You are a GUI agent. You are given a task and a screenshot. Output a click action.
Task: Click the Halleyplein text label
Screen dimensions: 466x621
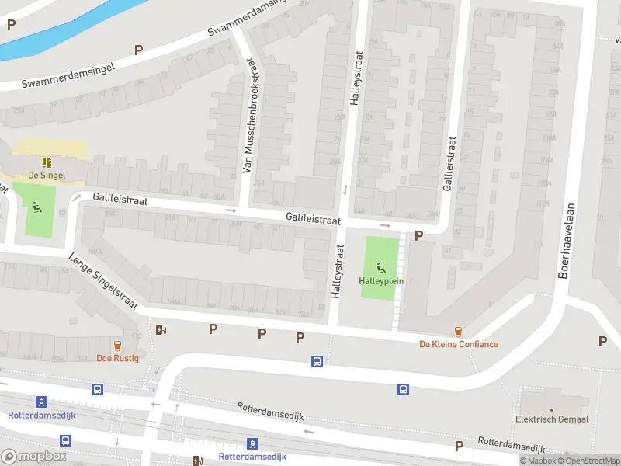point(381,280)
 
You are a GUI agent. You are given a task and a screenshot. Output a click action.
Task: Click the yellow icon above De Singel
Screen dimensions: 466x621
point(46,162)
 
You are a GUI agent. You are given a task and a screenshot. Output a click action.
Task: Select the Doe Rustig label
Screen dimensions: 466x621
point(117,358)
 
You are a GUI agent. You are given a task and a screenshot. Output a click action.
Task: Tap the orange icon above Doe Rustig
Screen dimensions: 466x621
point(118,346)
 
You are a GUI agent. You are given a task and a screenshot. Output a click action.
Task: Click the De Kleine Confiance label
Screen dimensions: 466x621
point(459,344)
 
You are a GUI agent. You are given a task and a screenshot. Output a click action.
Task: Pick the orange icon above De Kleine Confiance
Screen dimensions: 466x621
point(459,331)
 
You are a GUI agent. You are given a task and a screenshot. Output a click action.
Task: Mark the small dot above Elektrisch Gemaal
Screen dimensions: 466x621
point(552,409)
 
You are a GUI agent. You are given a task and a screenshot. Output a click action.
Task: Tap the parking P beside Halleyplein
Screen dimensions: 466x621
point(419,236)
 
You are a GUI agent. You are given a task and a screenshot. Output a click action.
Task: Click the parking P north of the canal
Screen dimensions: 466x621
point(11,24)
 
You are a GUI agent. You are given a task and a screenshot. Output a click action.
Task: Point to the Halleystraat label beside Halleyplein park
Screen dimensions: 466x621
point(338,273)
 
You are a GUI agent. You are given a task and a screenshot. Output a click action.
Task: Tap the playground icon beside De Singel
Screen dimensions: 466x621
point(36,207)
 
